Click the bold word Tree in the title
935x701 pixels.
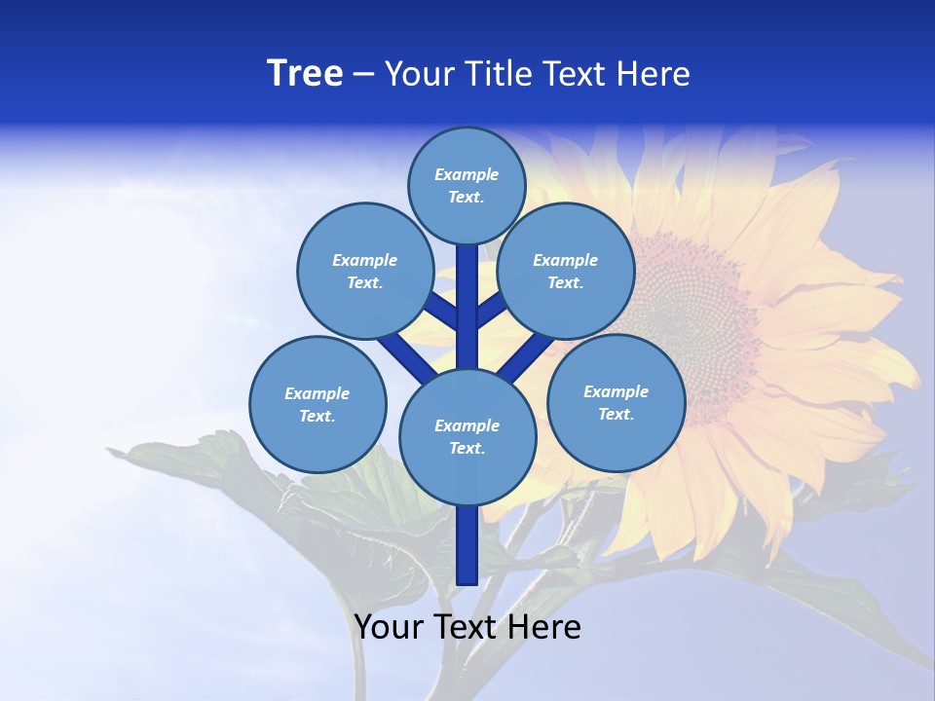[305, 74]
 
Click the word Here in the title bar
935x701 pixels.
[653, 74]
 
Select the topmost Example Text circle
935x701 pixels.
[467, 185]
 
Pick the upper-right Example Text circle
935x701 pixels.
[566, 271]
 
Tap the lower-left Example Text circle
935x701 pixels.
[318, 404]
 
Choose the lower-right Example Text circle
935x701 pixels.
[616, 402]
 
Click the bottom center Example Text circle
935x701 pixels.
[467, 436]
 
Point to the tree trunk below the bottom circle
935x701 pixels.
[467, 545]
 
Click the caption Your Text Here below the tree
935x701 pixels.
[467, 627]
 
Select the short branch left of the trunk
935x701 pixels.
[440, 311]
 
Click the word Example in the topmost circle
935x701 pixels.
[467, 174]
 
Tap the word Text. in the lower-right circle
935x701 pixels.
[616, 414]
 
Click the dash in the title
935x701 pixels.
[363, 75]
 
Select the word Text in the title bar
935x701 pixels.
[574, 74]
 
